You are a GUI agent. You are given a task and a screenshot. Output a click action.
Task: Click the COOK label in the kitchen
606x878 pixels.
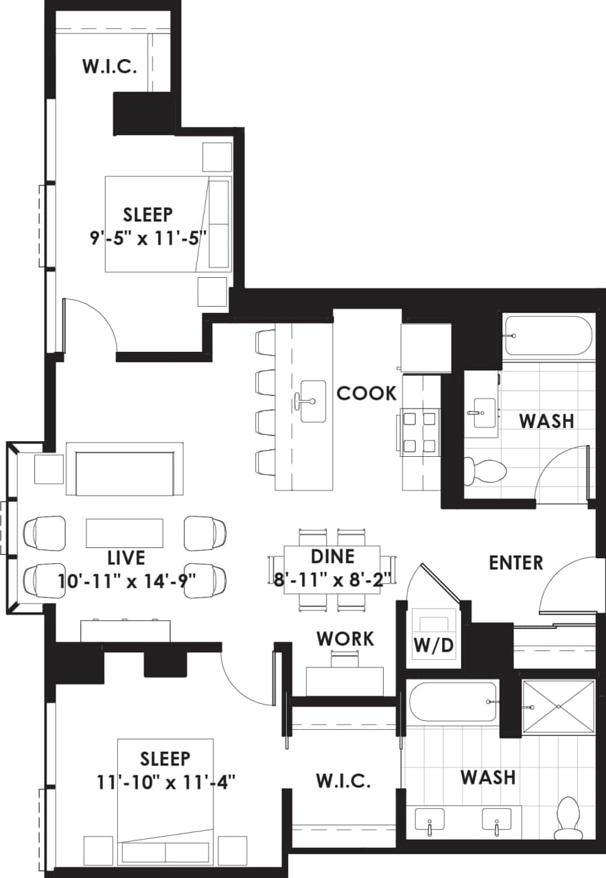pos(366,394)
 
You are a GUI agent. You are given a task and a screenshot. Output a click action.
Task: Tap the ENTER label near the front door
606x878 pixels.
pos(515,563)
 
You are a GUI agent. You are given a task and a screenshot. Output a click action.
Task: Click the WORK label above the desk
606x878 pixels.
pos(345,639)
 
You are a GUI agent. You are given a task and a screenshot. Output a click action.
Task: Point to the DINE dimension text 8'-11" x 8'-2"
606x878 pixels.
pos(333,577)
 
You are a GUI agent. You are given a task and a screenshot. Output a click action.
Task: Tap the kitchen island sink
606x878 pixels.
pos(312,401)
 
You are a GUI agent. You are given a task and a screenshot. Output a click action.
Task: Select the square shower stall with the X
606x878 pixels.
pos(558,707)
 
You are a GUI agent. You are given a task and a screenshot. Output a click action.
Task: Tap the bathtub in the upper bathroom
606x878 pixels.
pos(547,335)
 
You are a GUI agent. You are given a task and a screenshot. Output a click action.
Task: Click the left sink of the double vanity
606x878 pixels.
pos(429,820)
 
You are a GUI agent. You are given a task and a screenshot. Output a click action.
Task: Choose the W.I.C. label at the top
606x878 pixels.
pos(109,67)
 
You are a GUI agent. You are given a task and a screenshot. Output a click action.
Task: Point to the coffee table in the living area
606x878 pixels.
pos(124,533)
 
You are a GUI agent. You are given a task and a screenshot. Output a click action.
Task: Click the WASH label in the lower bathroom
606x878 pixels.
pos(488,777)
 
